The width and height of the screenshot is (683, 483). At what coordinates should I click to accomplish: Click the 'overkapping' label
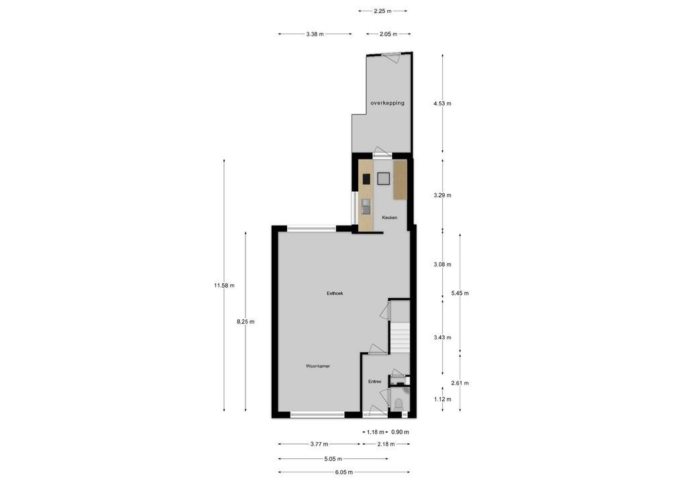tap(387, 103)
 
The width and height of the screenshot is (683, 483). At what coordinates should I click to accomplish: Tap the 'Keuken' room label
tap(390, 218)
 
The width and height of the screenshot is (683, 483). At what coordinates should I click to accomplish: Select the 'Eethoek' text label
tap(335, 293)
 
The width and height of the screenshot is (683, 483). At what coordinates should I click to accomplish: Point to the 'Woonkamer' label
tap(317, 366)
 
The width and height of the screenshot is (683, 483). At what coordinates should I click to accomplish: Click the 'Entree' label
tap(374, 382)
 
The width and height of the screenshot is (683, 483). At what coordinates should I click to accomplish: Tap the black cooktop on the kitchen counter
tap(366, 179)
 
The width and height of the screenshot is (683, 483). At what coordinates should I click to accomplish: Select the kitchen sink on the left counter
tap(366, 206)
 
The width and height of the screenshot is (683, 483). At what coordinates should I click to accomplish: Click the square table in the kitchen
tap(384, 178)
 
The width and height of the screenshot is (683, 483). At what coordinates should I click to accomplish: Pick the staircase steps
tap(400, 338)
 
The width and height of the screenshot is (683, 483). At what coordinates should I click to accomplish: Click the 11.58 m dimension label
tap(224, 286)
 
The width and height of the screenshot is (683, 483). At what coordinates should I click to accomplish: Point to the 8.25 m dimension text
tap(246, 322)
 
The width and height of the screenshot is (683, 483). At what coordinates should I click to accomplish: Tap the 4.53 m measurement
tap(442, 104)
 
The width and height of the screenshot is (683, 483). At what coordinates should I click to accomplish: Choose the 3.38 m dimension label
tap(315, 34)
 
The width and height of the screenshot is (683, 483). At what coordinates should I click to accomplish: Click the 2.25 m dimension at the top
tap(383, 11)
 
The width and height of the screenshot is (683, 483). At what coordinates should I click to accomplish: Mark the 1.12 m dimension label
tap(442, 399)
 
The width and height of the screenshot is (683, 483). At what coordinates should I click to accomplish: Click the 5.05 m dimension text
tap(333, 459)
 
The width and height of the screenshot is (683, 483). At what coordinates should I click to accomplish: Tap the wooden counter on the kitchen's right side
tap(401, 179)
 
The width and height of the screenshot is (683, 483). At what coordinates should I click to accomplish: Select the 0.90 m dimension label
tap(400, 432)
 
